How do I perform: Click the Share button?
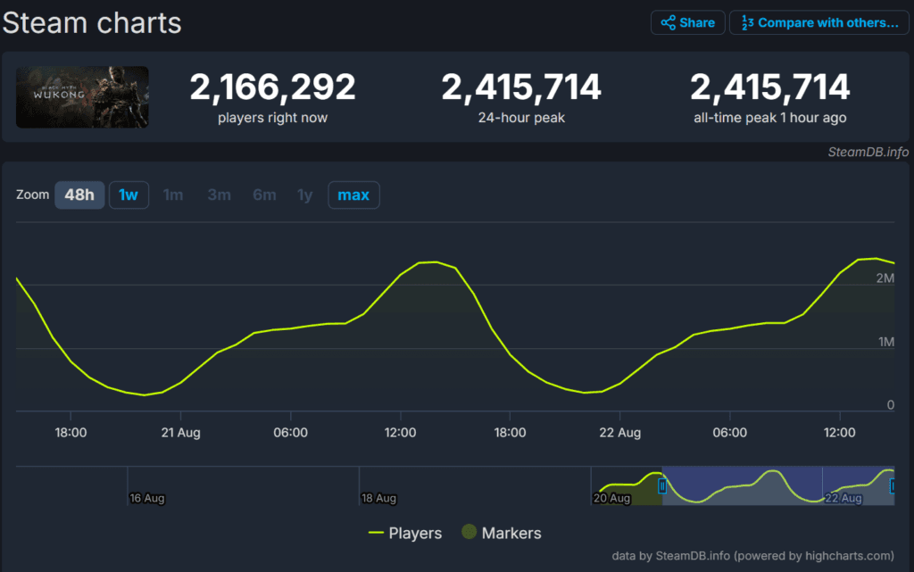click(x=687, y=23)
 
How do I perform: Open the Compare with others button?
click(x=819, y=23)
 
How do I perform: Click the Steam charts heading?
click(x=92, y=23)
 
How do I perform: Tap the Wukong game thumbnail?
click(x=82, y=97)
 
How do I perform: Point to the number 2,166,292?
click(x=272, y=87)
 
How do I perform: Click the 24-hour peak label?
click(x=521, y=118)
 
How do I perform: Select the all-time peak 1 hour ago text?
click(x=769, y=118)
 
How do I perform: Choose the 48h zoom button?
click(x=79, y=195)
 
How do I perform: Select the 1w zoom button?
click(x=129, y=195)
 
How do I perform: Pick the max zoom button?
click(x=353, y=195)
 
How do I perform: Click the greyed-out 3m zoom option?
click(x=219, y=195)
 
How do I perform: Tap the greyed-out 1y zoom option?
click(x=305, y=195)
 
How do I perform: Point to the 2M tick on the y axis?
click(x=885, y=278)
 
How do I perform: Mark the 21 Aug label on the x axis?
click(x=180, y=433)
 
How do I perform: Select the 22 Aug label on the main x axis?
click(x=619, y=433)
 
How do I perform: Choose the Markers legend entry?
click(x=501, y=533)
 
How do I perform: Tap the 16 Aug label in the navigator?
click(x=146, y=498)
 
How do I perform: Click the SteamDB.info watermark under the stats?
click(x=868, y=152)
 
